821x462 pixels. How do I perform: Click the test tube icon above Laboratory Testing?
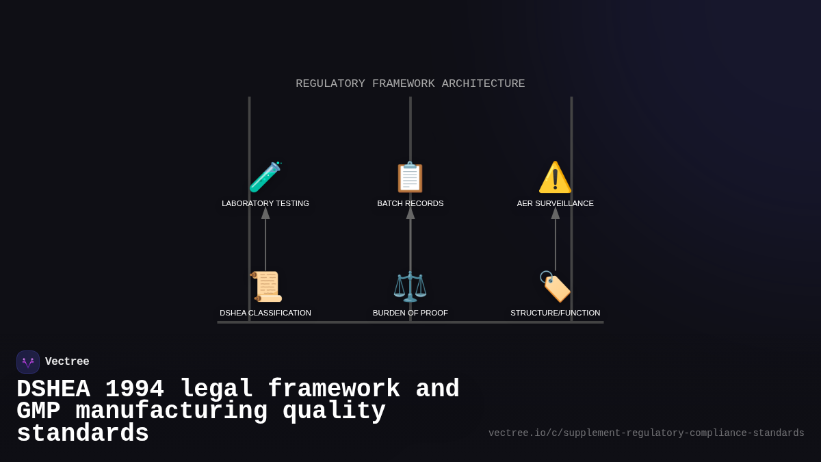coord(265,177)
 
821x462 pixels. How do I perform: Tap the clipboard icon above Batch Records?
coord(410,177)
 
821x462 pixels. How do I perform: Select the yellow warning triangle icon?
coord(555,177)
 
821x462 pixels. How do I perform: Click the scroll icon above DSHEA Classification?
coord(266,287)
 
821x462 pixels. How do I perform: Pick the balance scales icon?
coord(410,287)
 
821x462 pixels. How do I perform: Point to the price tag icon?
coord(555,287)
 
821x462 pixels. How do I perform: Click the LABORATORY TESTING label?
coord(265,203)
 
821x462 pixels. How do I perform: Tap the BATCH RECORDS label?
coord(410,203)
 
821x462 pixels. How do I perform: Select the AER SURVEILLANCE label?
coord(556,203)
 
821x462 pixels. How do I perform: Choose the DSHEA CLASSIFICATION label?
coord(265,313)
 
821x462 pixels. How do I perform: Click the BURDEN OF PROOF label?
coord(410,313)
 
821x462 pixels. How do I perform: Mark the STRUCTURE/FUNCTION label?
coord(556,313)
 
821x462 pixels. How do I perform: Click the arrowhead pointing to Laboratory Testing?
coord(265,213)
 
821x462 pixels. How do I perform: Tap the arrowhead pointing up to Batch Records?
coord(410,213)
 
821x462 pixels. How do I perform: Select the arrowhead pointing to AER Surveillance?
coord(556,213)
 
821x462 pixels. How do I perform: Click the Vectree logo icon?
coord(28,362)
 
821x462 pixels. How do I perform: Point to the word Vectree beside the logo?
coord(67,362)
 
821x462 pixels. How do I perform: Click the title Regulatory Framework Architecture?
coord(410,84)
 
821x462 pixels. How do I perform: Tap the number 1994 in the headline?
coord(134,389)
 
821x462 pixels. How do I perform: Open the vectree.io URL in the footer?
coord(646,433)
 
